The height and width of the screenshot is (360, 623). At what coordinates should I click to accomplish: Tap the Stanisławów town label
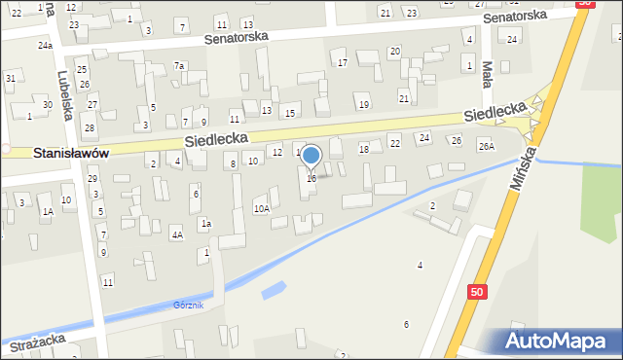point(70,153)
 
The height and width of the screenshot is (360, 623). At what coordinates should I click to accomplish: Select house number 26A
point(486,146)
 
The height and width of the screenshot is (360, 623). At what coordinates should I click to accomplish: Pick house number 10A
point(261,208)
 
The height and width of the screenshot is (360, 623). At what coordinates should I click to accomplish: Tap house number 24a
point(45,46)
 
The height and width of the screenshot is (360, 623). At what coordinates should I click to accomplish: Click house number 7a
point(179,65)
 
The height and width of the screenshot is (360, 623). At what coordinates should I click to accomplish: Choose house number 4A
point(176,234)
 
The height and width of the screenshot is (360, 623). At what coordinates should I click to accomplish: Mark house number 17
point(342,63)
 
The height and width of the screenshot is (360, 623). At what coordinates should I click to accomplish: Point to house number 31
point(10,78)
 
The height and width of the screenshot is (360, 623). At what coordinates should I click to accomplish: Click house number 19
point(363,104)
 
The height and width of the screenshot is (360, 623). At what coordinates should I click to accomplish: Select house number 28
point(89,128)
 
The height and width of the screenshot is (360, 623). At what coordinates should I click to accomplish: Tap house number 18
point(364,149)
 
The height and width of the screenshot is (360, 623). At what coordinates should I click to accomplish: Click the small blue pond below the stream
point(275,290)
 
